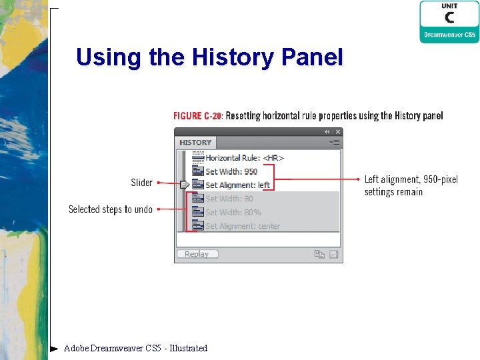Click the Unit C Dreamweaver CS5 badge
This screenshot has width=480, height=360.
click(x=449, y=22)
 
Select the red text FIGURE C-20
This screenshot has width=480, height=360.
click(x=197, y=116)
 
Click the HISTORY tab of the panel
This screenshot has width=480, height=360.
click(x=195, y=143)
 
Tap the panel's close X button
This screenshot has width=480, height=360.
click(x=338, y=132)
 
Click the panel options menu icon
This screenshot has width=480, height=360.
click(x=335, y=143)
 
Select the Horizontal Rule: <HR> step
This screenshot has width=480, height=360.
click(x=244, y=158)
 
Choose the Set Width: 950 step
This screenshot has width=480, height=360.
click(x=231, y=171)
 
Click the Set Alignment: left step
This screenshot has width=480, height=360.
click(x=237, y=185)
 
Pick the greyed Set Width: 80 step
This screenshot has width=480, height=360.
click(x=229, y=199)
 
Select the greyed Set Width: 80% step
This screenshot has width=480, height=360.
click(x=233, y=212)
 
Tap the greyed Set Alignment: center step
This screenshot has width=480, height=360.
click(x=242, y=226)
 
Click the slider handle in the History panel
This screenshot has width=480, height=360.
click(x=184, y=185)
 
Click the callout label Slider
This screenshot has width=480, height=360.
click(x=141, y=183)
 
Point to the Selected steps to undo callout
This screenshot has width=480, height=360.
click(x=111, y=209)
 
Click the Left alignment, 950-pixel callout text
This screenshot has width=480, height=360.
click(x=411, y=185)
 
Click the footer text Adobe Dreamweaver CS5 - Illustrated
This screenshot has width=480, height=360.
click(x=135, y=348)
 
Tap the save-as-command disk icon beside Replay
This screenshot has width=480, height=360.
click(x=334, y=254)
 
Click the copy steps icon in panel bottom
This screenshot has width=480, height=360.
click(x=319, y=254)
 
